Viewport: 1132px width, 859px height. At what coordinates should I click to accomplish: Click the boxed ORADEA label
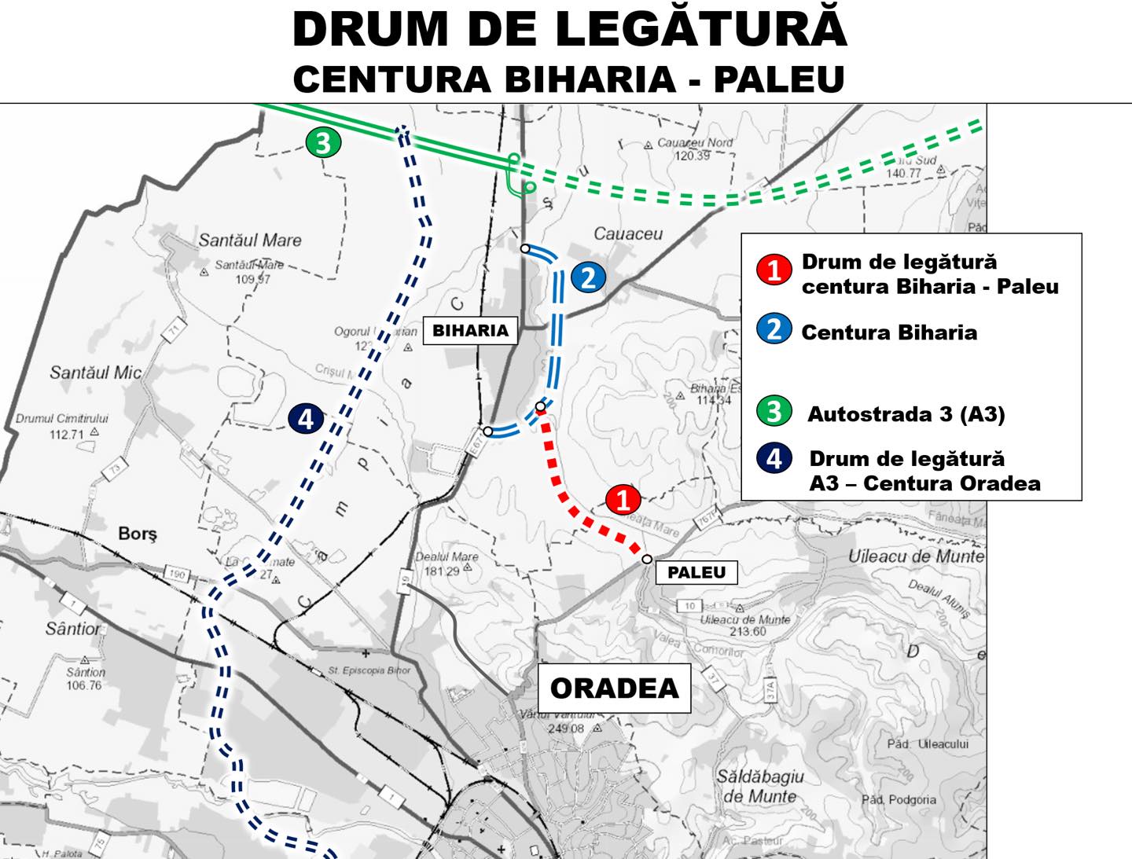(614, 688)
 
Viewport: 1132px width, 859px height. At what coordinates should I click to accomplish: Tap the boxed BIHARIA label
(470, 330)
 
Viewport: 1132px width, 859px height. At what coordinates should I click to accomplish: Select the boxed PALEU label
(696, 572)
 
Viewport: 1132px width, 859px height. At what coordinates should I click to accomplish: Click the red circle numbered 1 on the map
(623, 500)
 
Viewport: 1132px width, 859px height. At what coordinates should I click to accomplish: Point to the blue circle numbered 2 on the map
(588, 277)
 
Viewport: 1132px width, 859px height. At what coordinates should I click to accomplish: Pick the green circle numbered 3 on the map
(323, 143)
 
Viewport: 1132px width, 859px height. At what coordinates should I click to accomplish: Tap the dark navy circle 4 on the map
(305, 418)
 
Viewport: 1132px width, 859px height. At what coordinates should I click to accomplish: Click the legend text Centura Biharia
(889, 332)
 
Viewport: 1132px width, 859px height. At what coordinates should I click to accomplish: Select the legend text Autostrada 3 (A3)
(906, 413)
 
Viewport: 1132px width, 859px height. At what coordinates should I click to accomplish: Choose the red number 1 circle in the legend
(774, 270)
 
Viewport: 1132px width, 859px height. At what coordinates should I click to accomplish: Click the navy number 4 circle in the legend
(774, 458)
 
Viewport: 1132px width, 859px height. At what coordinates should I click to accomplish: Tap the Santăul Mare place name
(249, 240)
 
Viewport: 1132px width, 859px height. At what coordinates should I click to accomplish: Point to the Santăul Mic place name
(95, 372)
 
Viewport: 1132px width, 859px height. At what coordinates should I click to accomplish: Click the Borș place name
(138, 534)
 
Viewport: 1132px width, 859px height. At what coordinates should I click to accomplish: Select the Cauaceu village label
(627, 233)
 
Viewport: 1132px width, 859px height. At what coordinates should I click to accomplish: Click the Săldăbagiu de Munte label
(759, 786)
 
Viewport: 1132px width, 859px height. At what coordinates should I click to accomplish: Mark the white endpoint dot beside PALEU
(646, 559)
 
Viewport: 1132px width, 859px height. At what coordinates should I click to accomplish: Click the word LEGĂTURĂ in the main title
(701, 30)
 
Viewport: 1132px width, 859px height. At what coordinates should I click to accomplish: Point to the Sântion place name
(72, 629)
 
